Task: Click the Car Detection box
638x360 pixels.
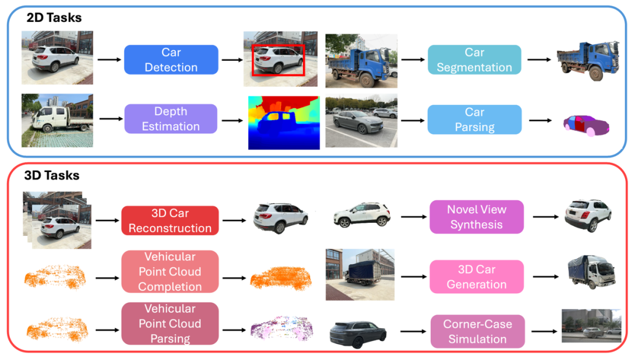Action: point(171,60)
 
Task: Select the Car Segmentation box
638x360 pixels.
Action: point(474,60)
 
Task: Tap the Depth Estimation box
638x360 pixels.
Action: point(171,119)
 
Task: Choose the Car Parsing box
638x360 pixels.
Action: point(474,119)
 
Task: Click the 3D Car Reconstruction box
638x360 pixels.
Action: point(170,220)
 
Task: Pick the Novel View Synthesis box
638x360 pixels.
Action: point(476,217)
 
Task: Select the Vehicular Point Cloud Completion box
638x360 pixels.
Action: point(170,271)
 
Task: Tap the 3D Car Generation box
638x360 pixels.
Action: point(476,277)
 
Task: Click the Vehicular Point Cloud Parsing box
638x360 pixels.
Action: point(170,323)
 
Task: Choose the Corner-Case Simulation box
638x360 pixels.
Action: point(476,332)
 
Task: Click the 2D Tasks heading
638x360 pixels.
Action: point(54,18)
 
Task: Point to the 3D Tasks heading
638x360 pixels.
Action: point(52,176)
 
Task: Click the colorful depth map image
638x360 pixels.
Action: point(284,123)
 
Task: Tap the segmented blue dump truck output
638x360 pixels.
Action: point(587,60)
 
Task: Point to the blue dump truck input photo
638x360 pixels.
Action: point(361,61)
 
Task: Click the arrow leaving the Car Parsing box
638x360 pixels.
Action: point(541,120)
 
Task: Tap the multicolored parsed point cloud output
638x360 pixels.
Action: point(281,330)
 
